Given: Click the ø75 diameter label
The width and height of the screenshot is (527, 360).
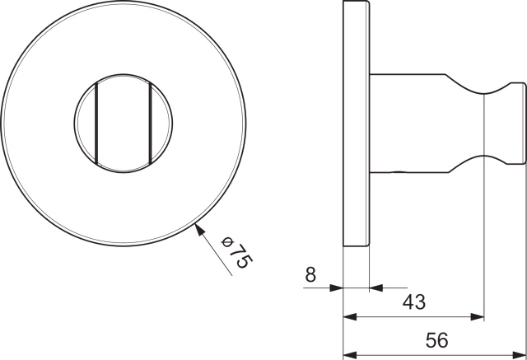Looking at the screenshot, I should tap(236, 250).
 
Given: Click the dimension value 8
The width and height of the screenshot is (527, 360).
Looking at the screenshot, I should tap(310, 275).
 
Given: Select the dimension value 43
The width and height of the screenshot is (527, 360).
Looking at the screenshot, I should tap(413, 302).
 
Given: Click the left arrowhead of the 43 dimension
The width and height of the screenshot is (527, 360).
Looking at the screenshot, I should tap(348, 316).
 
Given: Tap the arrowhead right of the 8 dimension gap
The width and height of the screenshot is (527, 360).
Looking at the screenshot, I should tap(375, 288).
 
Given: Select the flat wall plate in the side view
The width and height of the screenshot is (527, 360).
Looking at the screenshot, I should tap(357, 124).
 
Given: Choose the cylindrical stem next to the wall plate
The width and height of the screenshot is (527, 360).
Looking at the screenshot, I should tap(408, 124).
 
